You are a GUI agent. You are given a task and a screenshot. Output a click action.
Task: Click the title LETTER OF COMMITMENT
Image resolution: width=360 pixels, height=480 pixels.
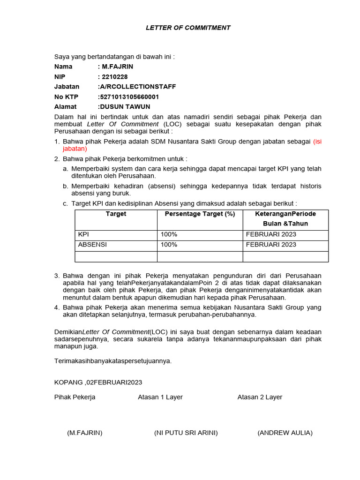pyautogui.click(x=188, y=28)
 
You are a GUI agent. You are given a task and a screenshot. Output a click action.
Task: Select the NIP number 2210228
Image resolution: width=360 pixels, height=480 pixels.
pyautogui.click(x=114, y=76)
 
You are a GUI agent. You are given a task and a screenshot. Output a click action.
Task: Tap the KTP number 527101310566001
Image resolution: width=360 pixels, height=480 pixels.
pyautogui.click(x=129, y=97)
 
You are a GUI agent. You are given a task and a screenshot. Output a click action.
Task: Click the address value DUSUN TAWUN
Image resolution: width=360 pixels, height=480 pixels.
pyautogui.click(x=125, y=106)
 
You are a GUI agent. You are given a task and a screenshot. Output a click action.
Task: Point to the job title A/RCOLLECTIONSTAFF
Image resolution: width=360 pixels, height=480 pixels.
pyautogui.click(x=137, y=87)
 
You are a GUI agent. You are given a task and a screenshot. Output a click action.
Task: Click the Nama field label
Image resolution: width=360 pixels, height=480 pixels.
pyautogui.click(x=63, y=67)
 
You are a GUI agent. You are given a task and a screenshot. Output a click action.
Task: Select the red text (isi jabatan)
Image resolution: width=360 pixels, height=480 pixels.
pyautogui.click(x=75, y=149)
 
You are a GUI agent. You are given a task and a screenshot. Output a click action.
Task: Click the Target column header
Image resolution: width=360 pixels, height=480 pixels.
pyautogui.click(x=116, y=214)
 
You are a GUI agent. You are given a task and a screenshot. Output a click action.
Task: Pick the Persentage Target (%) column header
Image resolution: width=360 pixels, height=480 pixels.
pyautogui.click(x=200, y=214)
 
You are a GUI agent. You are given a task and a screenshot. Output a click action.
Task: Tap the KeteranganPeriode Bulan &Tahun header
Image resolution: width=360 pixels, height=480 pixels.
pyautogui.click(x=285, y=218)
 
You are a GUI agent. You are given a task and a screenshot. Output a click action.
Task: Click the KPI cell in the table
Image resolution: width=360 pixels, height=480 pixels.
pyautogui.click(x=83, y=234)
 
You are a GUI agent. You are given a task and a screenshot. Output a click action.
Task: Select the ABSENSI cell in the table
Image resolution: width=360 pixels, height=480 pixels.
pyautogui.click(x=92, y=245)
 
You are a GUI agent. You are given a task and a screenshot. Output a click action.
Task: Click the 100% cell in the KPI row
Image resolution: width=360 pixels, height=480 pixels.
pyautogui.click(x=169, y=234)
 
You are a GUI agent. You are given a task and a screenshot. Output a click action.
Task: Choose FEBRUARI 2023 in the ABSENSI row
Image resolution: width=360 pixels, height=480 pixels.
pyautogui.click(x=271, y=245)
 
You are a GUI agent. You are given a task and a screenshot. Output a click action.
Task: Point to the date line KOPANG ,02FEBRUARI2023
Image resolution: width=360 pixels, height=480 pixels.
pyautogui.click(x=98, y=382)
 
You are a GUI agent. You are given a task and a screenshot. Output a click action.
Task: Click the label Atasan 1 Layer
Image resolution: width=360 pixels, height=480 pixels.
pyautogui.click(x=160, y=397)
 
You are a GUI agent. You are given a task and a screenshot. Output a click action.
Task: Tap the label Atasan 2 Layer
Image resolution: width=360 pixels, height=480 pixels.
pyautogui.click(x=260, y=397)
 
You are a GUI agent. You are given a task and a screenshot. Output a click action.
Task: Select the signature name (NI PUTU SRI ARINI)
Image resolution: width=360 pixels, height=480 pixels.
pyautogui.click(x=186, y=433)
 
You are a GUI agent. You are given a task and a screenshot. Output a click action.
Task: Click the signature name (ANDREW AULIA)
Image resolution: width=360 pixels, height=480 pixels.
pyautogui.click(x=285, y=433)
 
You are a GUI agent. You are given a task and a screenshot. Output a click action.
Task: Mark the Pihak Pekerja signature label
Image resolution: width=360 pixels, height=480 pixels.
pyautogui.click(x=75, y=397)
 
